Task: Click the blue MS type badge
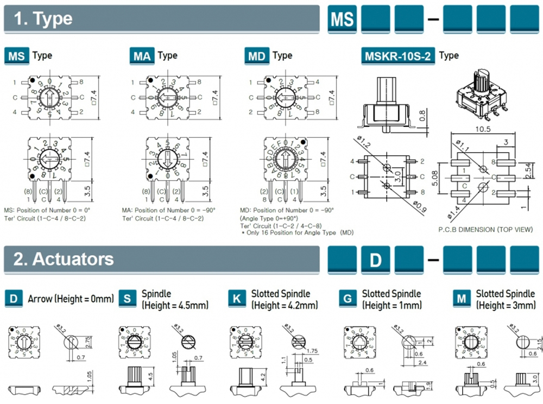16,55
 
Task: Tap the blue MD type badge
257,55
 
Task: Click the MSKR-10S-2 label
399,56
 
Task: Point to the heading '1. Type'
43,19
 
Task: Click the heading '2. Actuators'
64,259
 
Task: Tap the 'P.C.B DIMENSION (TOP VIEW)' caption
485,230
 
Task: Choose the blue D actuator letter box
14,299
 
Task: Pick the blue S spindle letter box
127,299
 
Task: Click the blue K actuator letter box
237,299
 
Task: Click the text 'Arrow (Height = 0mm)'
71,299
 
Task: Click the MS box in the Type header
343,19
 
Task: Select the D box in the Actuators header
376,260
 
